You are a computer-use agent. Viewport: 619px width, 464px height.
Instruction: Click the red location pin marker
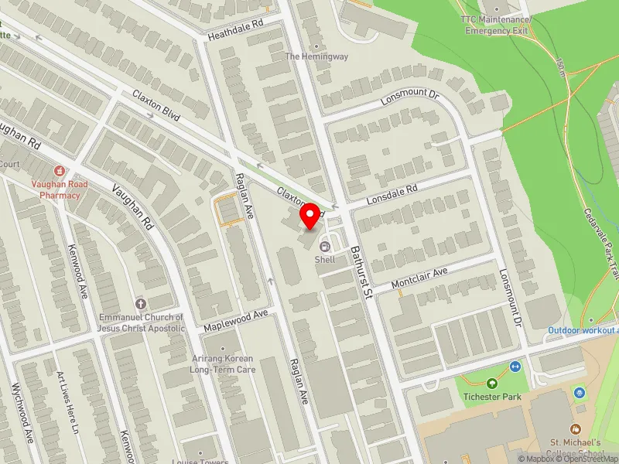click(310, 215)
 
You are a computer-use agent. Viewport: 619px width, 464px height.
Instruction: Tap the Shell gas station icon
click(324, 248)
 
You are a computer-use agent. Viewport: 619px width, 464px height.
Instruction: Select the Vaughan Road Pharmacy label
click(60, 189)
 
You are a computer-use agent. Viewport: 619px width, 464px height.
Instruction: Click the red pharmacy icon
click(60, 170)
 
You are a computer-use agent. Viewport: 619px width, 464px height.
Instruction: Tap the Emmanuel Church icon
click(140, 302)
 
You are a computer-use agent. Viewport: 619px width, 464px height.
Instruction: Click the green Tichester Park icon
click(491, 383)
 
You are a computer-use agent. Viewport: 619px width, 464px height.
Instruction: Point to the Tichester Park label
click(491, 397)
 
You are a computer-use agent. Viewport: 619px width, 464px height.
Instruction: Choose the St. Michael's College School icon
click(575, 428)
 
